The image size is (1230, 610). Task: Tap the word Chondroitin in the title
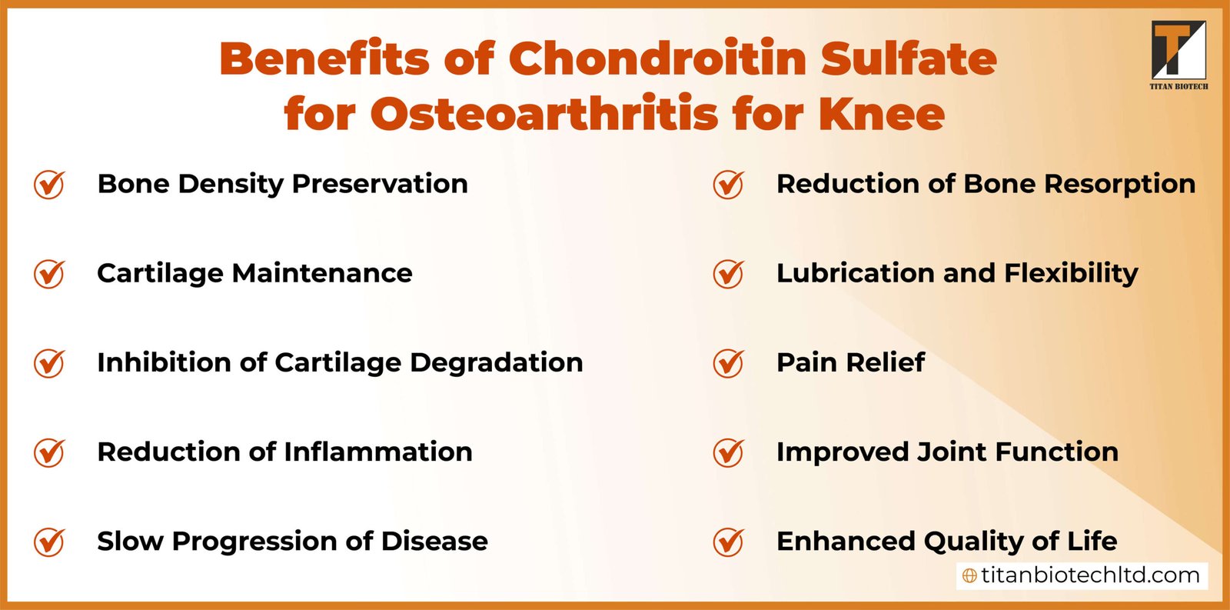(x=657, y=58)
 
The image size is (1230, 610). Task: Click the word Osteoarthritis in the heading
(x=545, y=114)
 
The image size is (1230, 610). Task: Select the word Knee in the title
(x=881, y=114)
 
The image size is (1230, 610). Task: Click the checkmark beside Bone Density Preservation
(x=49, y=185)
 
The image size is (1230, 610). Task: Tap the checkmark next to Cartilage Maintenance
(x=49, y=274)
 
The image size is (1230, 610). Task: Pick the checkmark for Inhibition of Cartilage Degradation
(x=49, y=363)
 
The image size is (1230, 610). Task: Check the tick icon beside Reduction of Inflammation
(x=49, y=452)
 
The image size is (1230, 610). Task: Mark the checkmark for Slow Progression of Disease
(x=49, y=542)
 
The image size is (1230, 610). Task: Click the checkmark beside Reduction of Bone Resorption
(x=728, y=185)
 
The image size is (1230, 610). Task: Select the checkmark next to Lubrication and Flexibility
(x=728, y=274)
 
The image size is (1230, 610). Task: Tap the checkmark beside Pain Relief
(x=728, y=363)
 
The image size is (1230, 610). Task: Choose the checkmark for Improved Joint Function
(x=728, y=452)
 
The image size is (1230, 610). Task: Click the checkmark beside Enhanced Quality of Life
(x=728, y=542)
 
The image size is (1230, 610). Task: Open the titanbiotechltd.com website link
(x=1089, y=575)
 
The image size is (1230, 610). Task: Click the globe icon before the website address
(x=970, y=576)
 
